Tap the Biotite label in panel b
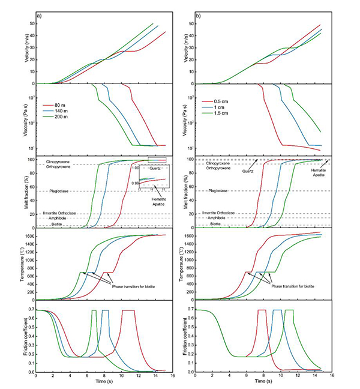tap(213, 223)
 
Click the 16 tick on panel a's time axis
tap(172, 375)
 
